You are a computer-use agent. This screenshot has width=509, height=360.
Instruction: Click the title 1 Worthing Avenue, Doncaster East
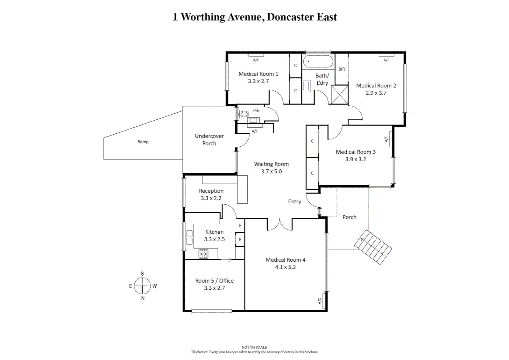pos(254,17)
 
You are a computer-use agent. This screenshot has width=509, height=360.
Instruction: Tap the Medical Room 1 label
pos(258,74)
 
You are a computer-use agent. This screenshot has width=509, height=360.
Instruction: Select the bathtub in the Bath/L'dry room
pos(318,62)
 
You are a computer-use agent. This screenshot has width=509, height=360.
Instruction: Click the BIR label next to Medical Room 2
pos(341,69)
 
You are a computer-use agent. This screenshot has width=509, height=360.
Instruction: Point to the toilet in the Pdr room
pos(244,114)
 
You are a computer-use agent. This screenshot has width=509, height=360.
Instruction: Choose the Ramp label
pos(143,142)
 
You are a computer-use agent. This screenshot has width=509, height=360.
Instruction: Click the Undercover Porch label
pos(209,140)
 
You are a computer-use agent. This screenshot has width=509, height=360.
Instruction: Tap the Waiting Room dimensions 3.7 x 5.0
pos(271,172)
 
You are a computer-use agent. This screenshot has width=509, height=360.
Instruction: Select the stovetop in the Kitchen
pos(204,254)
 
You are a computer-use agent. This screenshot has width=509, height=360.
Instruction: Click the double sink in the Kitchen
pos(189,237)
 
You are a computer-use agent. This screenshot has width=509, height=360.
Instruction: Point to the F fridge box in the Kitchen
pos(240,226)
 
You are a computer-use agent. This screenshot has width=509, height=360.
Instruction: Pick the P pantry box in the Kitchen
pos(240,239)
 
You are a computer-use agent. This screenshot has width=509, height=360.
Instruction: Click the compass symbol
pos(143,286)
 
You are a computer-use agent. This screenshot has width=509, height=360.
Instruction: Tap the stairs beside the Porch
pos(373,247)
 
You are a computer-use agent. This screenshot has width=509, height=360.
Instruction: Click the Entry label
pos(294,202)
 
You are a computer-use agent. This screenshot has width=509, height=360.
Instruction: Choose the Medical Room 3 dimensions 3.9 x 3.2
pos(355,159)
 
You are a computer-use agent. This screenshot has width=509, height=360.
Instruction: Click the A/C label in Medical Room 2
pos(386,60)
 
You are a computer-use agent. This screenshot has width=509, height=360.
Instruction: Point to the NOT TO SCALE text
pos(254,347)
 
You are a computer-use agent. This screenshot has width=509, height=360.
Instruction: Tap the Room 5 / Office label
pos(214,281)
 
